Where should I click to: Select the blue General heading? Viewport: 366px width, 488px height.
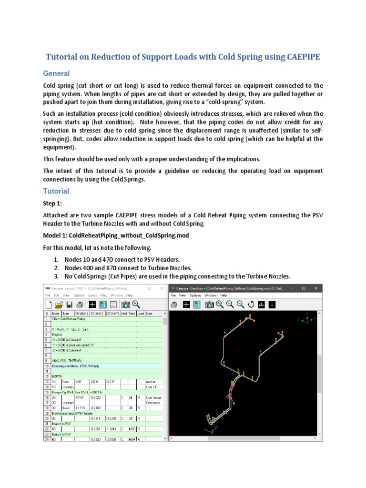point(56,73)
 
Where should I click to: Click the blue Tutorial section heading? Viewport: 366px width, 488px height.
point(56,191)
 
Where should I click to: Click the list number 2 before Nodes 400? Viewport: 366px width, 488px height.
point(56,268)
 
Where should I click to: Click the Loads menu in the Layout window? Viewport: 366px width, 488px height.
point(92,295)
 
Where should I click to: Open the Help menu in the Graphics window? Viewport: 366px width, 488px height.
point(224,295)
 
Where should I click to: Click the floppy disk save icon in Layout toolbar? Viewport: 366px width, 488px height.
point(69,305)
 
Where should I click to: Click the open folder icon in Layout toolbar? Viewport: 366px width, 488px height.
point(59,305)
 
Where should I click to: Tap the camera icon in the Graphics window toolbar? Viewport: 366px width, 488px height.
point(209,305)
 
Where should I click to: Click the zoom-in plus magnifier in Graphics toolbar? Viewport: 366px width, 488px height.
point(230,305)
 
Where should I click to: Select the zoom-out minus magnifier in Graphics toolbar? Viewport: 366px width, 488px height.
point(240,305)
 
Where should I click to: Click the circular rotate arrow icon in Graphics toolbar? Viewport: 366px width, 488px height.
point(251,305)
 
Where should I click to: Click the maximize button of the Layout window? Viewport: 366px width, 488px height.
point(149,288)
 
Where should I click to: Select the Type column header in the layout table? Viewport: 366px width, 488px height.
point(66,314)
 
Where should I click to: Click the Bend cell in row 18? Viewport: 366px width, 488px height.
point(65,408)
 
